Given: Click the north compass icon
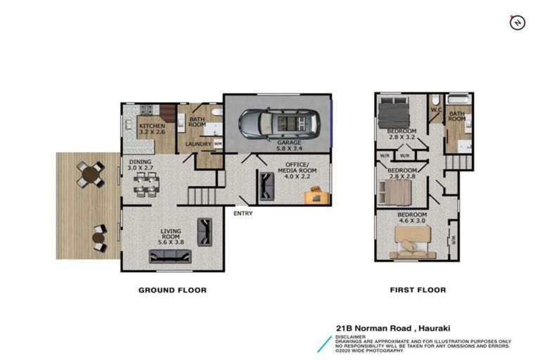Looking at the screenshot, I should (x=517, y=22).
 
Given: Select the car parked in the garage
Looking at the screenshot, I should (x=278, y=124).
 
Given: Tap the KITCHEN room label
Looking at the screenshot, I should (x=151, y=128).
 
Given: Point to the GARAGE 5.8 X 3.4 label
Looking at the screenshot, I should (x=288, y=146).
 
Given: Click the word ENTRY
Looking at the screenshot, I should (x=243, y=214).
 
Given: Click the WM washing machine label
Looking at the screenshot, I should (x=217, y=145).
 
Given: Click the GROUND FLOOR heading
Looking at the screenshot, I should (x=172, y=290).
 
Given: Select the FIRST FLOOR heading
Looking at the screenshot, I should (x=418, y=290).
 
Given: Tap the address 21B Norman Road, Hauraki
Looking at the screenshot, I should (x=384, y=327).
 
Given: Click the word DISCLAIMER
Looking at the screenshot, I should (x=351, y=336).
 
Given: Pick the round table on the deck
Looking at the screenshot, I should (x=91, y=174).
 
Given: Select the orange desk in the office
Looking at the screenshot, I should (x=315, y=195).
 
